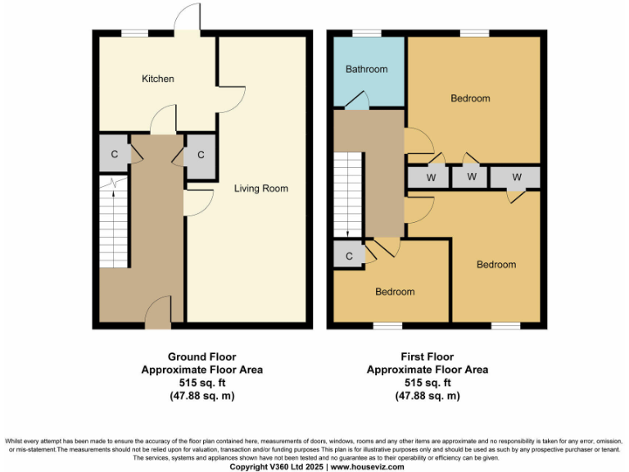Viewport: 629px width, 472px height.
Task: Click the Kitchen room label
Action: (x=158, y=79)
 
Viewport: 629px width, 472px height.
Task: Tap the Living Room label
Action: (x=261, y=188)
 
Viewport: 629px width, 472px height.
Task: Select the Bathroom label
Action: (x=366, y=70)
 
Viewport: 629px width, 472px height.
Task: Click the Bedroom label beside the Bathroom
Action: (x=470, y=98)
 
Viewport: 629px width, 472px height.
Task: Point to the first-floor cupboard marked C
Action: (x=349, y=256)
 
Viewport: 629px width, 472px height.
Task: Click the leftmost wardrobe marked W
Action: (x=427, y=177)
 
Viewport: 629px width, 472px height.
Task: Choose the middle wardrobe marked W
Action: (x=471, y=177)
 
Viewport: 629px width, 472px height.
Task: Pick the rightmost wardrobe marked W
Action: (x=516, y=177)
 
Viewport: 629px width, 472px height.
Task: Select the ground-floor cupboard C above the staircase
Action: (x=115, y=155)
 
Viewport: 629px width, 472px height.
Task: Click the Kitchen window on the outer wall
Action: (x=134, y=33)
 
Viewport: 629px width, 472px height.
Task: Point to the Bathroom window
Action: (x=366, y=33)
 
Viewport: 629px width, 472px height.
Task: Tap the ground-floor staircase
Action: (x=115, y=221)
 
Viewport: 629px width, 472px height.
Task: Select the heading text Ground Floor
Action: (x=201, y=356)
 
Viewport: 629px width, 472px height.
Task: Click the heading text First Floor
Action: (x=427, y=356)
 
